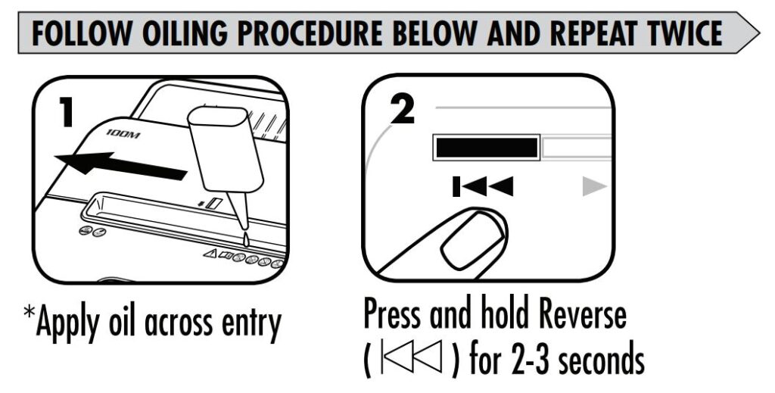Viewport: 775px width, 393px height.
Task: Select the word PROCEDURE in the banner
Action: click(x=340, y=33)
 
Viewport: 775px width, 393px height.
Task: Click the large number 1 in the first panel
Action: click(x=66, y=112)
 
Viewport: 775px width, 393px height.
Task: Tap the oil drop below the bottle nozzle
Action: click(x=245, y=239)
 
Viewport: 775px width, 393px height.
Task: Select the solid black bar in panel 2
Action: click(x=485, y=148)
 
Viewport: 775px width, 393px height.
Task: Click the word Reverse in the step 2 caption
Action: click(x=569, y=313)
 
